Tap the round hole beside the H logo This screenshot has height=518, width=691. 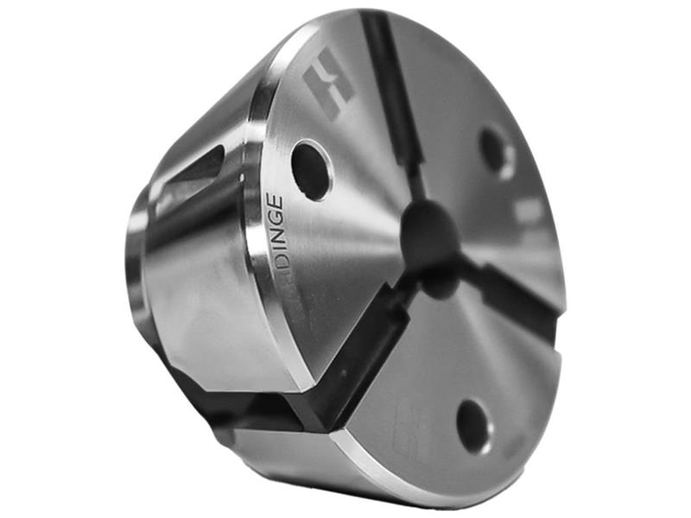point(311,169)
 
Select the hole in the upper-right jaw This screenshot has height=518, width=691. point(498,152)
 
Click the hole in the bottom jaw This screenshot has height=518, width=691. point(474,426)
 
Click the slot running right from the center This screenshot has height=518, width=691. point(518,298)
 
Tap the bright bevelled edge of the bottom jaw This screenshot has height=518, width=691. point(380,466)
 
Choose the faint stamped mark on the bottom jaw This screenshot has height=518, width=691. point(413,423)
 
